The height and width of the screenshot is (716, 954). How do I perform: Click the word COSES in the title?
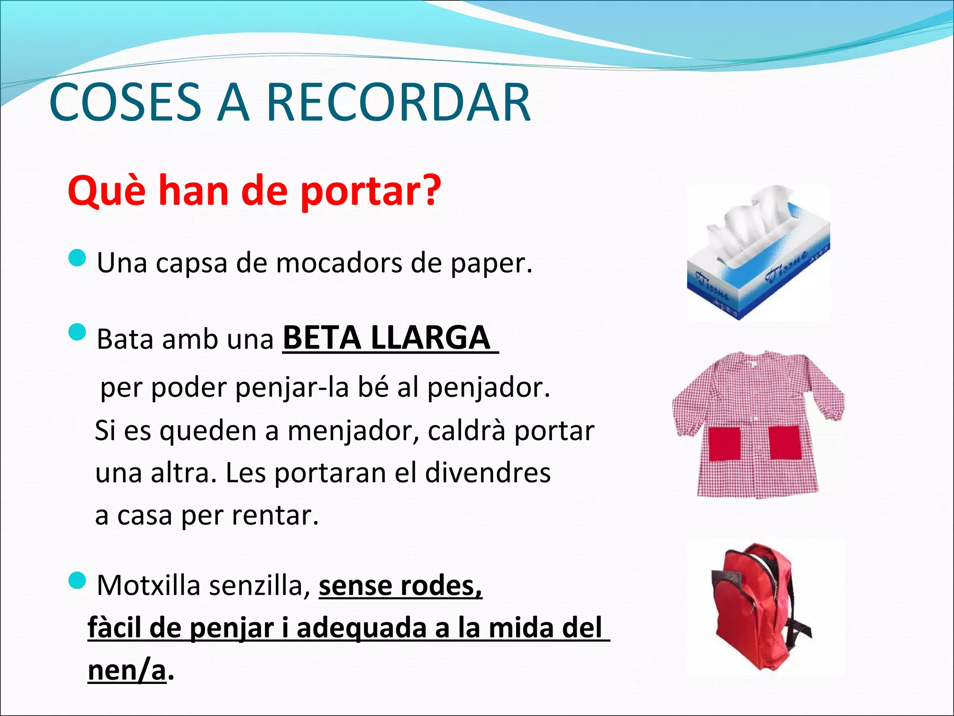tap(125, 103)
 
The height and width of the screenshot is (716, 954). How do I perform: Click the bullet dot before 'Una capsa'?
tap(77, 258)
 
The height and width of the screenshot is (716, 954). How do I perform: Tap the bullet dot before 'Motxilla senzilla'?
tap(77, 581)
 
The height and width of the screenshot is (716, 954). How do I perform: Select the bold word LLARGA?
tap(431, 338)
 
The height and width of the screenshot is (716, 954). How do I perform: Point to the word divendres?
tap(488, 473)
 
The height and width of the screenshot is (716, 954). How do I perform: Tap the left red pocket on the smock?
tap(724, 443)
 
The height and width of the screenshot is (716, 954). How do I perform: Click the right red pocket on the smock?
tap(785, 443)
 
